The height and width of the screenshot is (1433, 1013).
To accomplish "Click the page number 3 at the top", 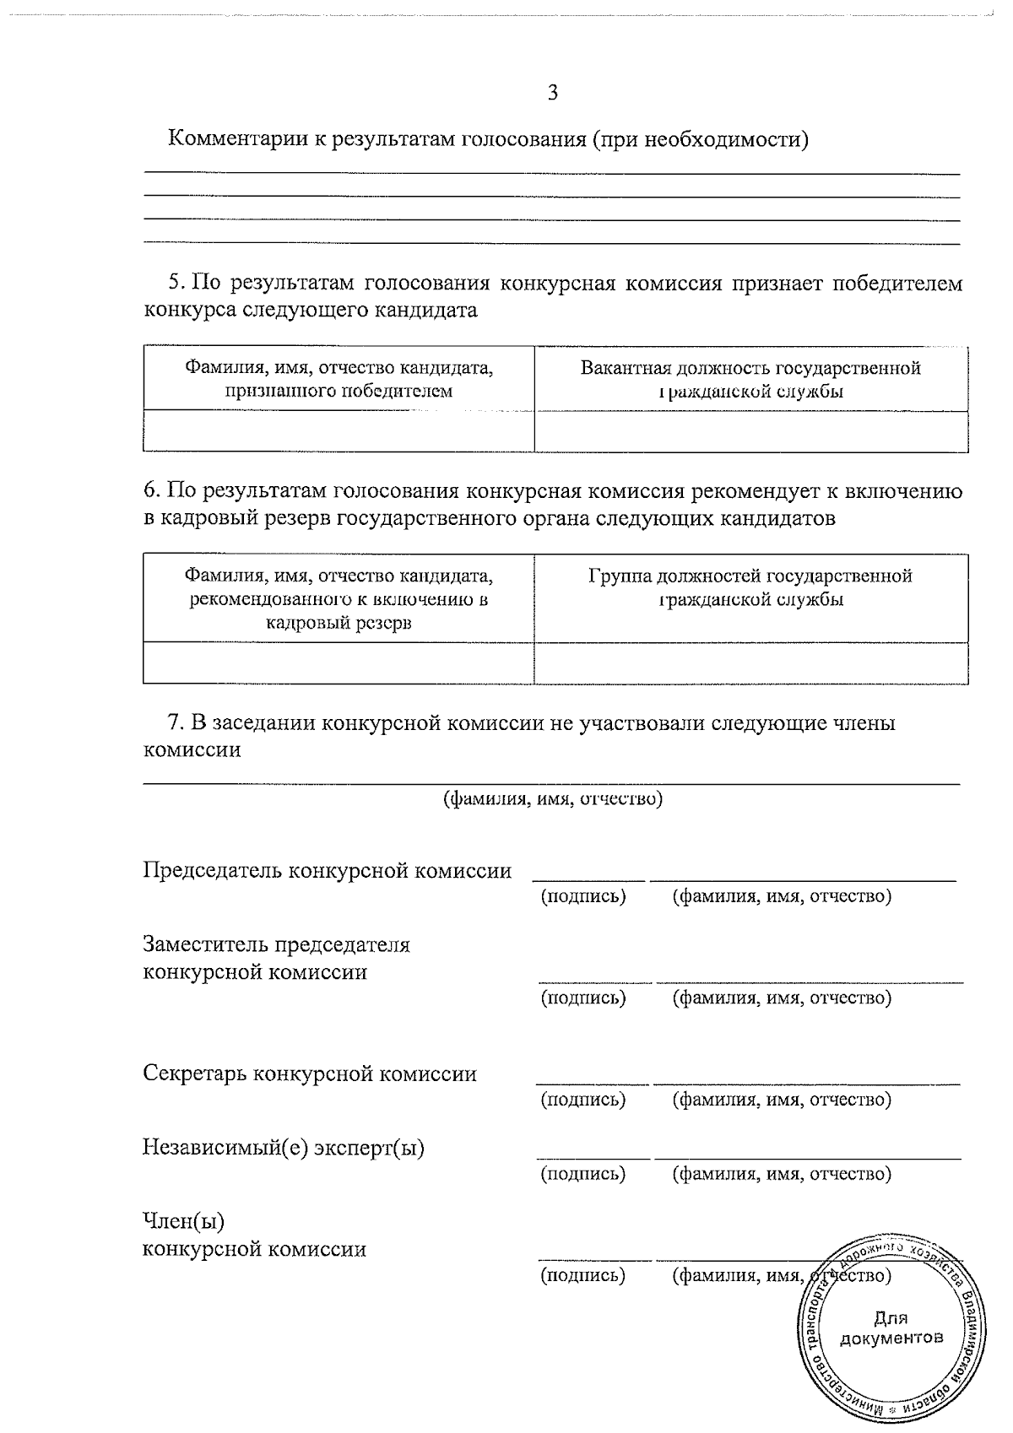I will tap(553, 94).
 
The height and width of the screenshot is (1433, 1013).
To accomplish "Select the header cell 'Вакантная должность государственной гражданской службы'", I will tap(750, 380).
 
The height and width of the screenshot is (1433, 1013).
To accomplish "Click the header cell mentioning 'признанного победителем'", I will tap(339, 380).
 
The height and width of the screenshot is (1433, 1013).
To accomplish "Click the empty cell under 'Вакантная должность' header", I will tap(750, 432).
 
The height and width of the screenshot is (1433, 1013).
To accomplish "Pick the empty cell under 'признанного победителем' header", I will tap(339, 432).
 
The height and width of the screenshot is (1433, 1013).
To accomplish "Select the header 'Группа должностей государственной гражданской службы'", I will tap(750, 588).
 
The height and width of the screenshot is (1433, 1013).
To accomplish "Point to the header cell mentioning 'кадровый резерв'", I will tap(339, 600).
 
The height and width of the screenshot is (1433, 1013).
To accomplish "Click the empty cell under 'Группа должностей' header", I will tap(750, 663).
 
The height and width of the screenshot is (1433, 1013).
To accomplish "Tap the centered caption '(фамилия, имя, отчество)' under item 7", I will tap(553, 798).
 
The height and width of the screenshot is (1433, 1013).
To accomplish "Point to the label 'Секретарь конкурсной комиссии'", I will tap(310, 1074).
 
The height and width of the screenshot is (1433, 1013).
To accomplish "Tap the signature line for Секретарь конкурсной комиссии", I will tap(592, 1083).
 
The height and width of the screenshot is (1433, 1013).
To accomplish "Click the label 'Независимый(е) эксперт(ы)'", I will tap(284, 1149).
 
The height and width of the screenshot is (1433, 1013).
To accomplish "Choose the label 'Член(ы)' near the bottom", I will tap(184, 1222).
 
